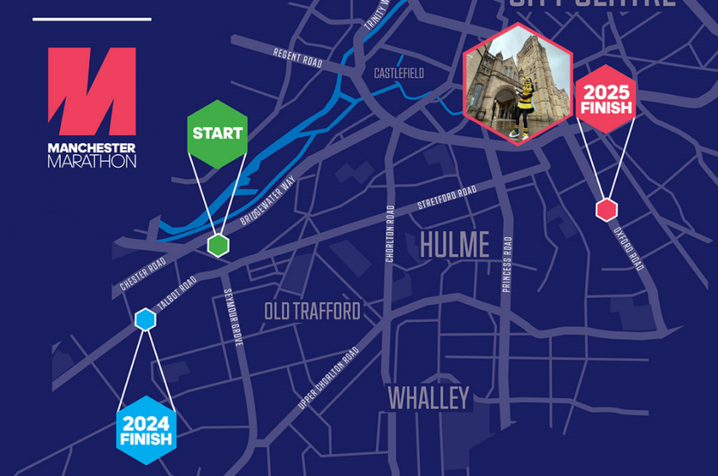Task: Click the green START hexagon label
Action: (218, 134)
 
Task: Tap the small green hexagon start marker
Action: (218, 245)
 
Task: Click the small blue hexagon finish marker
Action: (145, 320)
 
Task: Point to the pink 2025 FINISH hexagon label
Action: (605, 100)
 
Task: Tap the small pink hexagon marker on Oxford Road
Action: (606, 210)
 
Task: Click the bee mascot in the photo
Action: (523, 105)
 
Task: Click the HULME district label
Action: (454, 245)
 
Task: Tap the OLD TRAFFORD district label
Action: (312, 311)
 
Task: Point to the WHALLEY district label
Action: (429, 398)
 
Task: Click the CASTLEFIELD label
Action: (399, 73)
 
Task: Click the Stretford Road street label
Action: (447, 197)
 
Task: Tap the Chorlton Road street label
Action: (390, 233)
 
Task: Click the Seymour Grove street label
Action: (231, 317)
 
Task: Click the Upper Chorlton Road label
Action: (328, 379)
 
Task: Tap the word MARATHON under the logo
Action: (91, 161)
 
